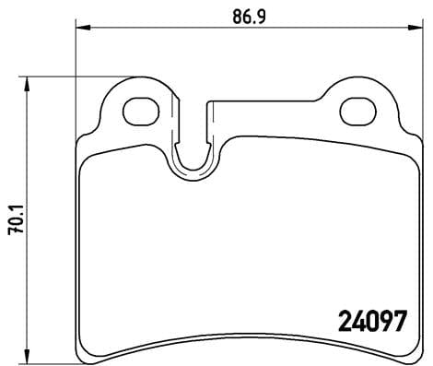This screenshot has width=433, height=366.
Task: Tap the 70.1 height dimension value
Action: coord(12,222)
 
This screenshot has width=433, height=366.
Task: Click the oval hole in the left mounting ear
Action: coord(139,111)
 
